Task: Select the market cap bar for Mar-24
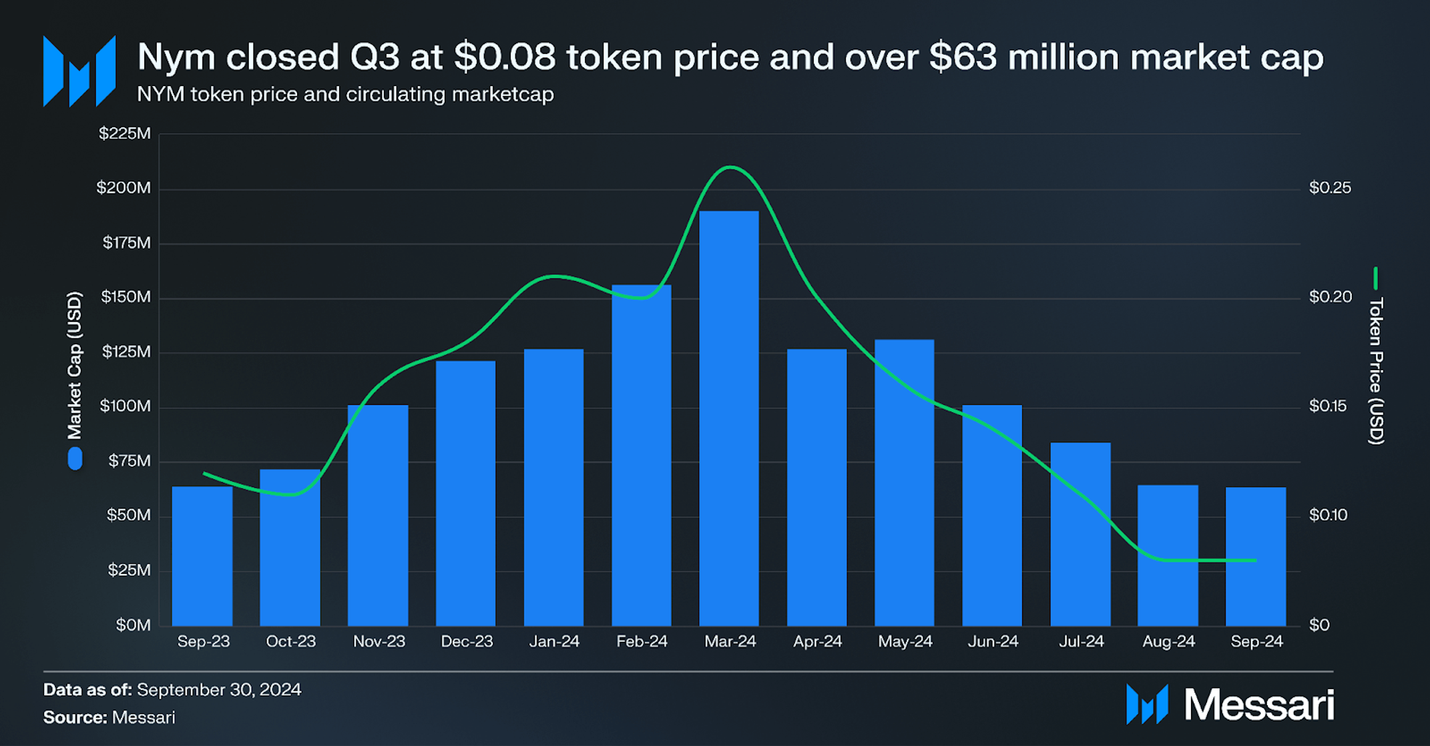(x=729, y=418)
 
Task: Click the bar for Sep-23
(x=202, y=556)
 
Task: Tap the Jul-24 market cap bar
(x=1080, y=534)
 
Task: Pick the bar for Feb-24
(x=642, y=455)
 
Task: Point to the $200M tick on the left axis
(x=124, y=188)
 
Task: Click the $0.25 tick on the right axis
(x=1330, y=188)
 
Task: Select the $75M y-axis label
(x=130, y=461)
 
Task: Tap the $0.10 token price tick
(x=1329, y=515)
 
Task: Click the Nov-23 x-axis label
(x=379, y=642)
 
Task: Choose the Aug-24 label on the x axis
(x=1168, y=642)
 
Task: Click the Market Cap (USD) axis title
(x=74, y=365)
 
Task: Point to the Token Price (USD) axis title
(x=1376, y=371)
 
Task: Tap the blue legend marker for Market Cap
(x=75, y=459)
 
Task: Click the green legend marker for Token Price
(x=1375, y=278)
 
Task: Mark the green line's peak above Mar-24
(x=730, y=167)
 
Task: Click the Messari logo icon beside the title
(x=79, y=71)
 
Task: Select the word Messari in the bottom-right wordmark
(x=1258, y=705)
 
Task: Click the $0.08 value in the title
(x=505, y=57)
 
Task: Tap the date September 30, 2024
(x=219, y=690)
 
